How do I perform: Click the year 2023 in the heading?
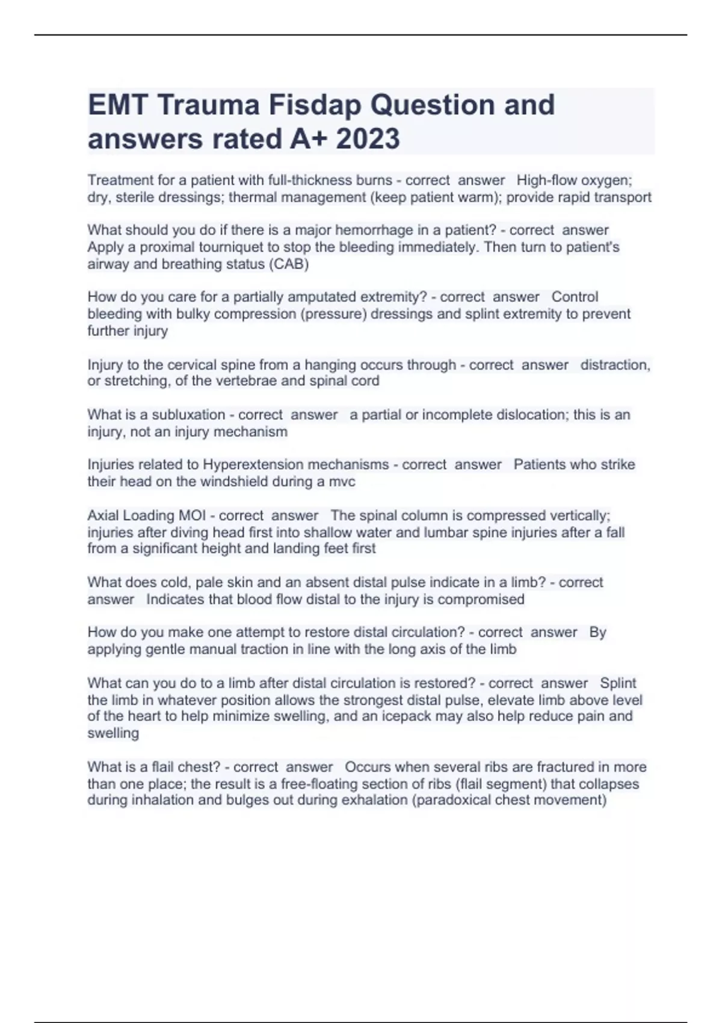click(368, 139)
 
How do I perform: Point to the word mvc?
click(341, 481)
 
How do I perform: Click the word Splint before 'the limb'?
click(618, 683)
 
